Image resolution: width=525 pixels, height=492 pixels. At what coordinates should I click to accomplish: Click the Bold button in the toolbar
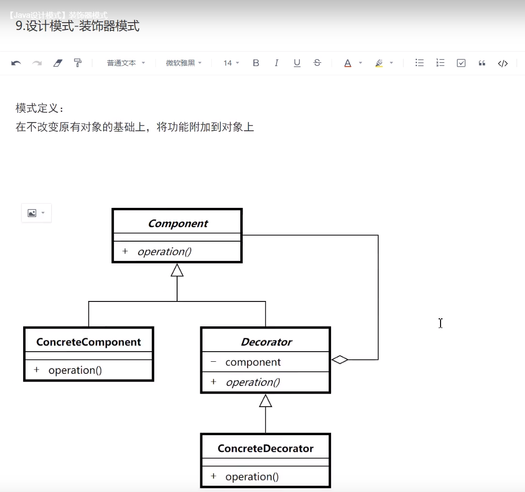tap(256, 63)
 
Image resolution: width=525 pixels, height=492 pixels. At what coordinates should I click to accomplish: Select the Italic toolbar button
tap(276, 63)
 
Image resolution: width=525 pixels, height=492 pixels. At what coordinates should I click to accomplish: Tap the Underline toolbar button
tap(297, 63)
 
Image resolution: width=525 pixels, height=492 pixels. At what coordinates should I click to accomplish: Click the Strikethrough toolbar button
tap(317, 63)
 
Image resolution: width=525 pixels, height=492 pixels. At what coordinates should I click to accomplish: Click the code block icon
tap(503, 63)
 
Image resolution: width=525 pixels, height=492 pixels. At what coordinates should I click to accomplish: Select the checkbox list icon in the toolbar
tap(461, 63)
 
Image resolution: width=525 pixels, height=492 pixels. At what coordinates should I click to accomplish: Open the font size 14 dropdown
tap(231, 63)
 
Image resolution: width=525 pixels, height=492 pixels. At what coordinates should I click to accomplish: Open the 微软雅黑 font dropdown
tap(184, 63)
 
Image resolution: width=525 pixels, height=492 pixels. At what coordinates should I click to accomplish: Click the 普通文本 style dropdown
tap(125, 63)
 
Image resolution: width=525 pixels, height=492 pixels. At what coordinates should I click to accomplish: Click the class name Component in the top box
tap(178, 223)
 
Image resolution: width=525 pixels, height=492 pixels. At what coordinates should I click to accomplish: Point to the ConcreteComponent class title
tap(89, 342)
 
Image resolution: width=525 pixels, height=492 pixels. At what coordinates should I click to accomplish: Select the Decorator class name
tap(266, 342)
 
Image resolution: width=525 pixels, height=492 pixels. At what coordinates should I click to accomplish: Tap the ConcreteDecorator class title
tap(265, 449)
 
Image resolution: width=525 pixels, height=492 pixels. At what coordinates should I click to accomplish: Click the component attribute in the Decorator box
tap(253, 362)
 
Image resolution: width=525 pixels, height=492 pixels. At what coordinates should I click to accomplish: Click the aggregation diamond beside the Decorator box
tap(340, 359)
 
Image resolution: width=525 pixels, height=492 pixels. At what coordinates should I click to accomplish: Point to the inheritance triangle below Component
tap(177, 271)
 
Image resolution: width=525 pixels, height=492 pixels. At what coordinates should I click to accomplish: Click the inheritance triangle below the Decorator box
tap(265, 400)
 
